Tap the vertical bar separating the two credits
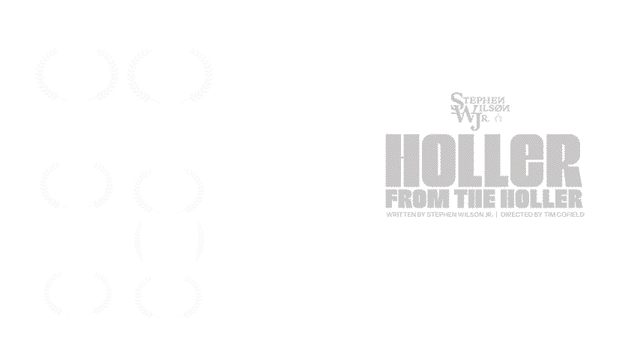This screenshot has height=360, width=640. coord(496,214)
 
